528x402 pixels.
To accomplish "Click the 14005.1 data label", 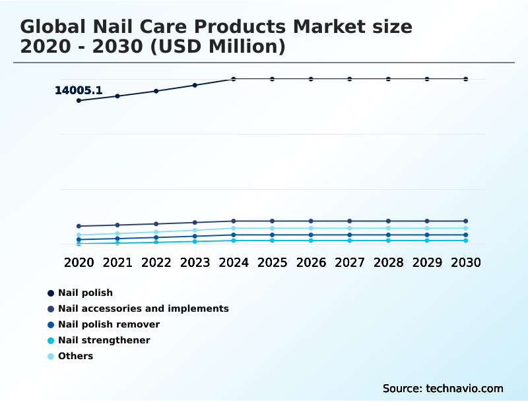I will (78, 90).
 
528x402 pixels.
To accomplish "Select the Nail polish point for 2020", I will (79, 100).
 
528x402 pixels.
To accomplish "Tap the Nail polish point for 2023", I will (195, 85).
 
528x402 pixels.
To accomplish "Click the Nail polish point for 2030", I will (466, 79).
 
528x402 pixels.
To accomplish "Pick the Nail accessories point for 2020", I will (79, 226).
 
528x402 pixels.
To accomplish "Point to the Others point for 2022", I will (156, 232).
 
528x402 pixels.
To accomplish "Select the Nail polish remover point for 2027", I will (350, 235).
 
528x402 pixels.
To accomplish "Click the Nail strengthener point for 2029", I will (427, 241).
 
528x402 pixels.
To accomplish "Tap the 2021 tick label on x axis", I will (117, 262).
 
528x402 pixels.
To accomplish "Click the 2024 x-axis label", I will (234, 262).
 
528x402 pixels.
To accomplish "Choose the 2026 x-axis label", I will (311, 262).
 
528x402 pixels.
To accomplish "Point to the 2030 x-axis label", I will (466, 262).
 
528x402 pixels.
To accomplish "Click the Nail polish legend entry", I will (85, 293).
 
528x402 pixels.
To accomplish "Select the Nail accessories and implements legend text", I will (143, 308).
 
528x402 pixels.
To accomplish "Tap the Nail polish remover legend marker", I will (51, 324).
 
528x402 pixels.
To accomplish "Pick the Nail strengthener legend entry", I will (104, 340).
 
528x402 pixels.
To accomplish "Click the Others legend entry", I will (75, 356).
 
